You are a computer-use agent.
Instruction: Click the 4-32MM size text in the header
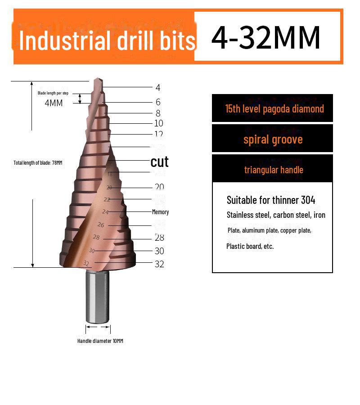(x=266, y=37)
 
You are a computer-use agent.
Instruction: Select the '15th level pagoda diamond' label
(x=274, y=109)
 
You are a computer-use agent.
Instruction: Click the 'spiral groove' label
(x=273, y=139)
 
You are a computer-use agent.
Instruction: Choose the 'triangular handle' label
(x=274, y=170)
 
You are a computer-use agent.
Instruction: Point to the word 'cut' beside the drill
(x=159, y=162)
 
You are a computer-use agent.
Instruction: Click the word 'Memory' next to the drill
(x=160, y=212)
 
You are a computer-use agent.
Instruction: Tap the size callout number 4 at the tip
(x=158, y=88)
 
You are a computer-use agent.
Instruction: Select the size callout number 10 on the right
(x=158, y=123)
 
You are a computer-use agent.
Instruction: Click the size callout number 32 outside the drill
(x=159, y=264)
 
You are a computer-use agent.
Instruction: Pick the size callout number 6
(x=158, y=102)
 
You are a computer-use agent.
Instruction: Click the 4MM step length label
(x=54, y=103)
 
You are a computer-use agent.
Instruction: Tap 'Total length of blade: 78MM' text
(x=38, y=162)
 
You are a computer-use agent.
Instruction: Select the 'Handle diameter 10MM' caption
(x=100, y=341)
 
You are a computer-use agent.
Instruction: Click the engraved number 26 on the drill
(x=101, y=225)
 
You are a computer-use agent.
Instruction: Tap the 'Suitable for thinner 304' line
(x=271, y=200)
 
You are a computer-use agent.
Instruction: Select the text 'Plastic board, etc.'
(x=250, y=246)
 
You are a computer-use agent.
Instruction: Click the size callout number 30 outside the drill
(x=159, y=251)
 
